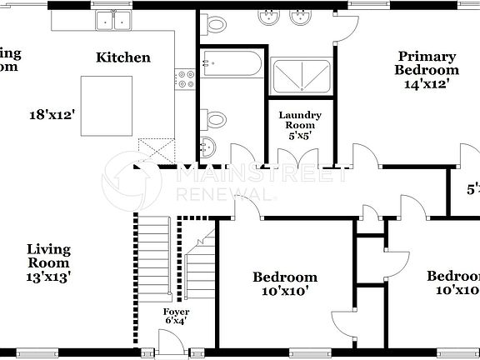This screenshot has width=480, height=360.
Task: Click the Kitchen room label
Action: point(123,57)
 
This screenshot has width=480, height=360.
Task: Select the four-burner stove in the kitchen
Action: point(185,80)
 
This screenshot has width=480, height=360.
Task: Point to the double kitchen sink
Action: point(114,21)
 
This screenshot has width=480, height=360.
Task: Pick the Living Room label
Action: point(48,256)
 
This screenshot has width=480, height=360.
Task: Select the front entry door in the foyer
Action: point(170,342)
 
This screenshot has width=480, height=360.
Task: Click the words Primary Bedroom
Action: point(426,63)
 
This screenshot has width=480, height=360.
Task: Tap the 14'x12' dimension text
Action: point(427,83)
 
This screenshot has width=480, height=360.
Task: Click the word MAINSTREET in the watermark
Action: point(250,176)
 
